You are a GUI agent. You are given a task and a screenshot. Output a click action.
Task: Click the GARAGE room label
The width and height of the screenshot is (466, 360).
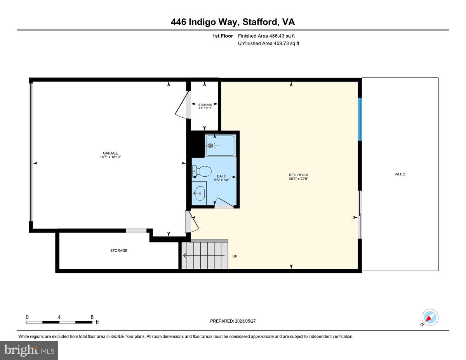coord(110,153)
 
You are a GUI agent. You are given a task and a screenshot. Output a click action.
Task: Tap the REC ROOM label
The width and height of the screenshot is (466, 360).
coord(298,175)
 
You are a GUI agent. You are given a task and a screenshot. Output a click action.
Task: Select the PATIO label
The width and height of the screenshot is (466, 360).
coord(400,174)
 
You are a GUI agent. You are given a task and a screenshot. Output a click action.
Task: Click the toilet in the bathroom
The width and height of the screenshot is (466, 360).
coord(202,170)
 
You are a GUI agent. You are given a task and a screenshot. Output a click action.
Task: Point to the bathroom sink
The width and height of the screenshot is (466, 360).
coord(200,192)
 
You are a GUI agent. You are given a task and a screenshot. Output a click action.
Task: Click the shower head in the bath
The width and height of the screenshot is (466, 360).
coord(211,146)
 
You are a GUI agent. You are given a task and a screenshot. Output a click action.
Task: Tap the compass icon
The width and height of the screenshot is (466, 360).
coord(429,317)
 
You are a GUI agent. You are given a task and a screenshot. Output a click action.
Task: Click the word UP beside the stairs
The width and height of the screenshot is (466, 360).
coord(235,256)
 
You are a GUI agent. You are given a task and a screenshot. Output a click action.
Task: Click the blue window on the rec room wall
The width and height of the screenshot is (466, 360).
coord(360,119)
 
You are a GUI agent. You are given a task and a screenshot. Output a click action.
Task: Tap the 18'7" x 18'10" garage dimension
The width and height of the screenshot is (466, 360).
coord(110,157)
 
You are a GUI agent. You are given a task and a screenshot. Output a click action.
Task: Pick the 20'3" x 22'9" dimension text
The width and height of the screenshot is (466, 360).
coord(298,179)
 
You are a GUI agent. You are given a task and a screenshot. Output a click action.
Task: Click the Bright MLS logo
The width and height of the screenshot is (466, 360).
coord(29,350)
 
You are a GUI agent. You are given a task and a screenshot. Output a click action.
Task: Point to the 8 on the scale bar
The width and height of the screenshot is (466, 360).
coord(92,317)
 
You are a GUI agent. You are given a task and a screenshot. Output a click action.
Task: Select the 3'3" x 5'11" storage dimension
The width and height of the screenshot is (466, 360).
coord(205,108)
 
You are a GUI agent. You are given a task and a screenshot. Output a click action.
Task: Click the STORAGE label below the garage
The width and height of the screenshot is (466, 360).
coord(118,250)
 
